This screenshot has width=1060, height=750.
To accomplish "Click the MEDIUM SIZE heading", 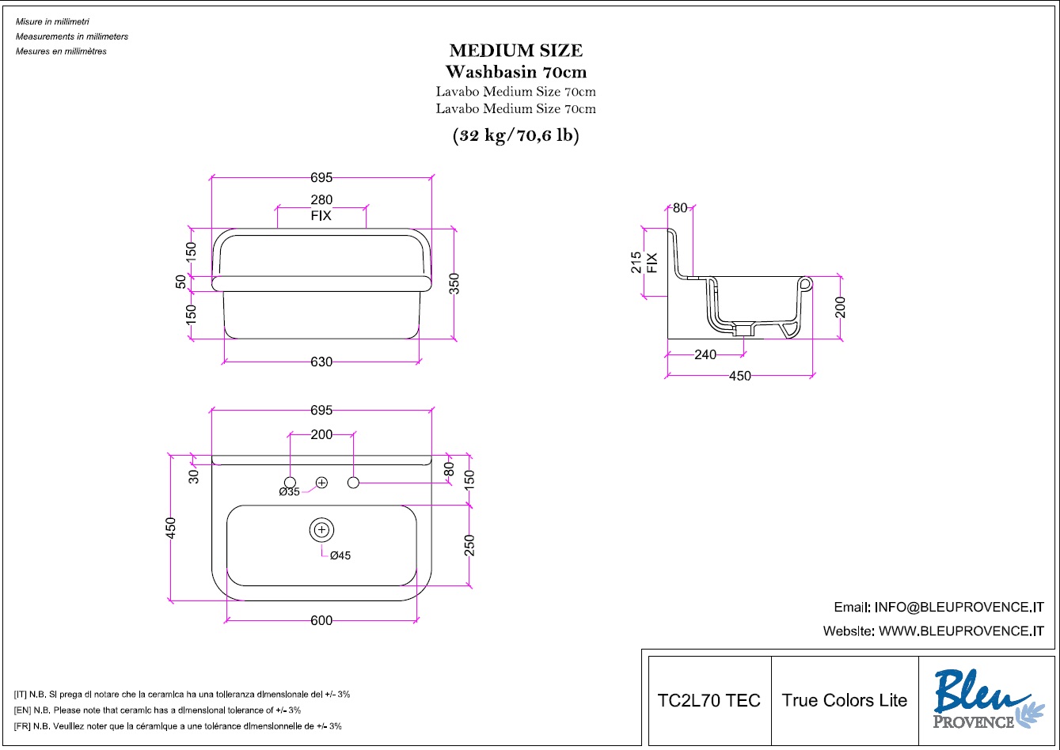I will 515,51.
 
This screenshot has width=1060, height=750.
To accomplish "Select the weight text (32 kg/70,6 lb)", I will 515,136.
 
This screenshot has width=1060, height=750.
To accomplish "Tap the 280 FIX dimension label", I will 321,207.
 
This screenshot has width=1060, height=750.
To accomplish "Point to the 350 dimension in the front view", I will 454,283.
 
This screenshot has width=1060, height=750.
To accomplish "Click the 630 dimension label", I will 321,362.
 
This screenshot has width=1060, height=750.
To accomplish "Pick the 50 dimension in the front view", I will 181,282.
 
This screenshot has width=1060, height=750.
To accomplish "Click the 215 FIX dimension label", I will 644,262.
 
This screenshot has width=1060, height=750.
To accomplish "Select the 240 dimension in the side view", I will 705,355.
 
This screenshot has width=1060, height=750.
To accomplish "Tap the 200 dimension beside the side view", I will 841,307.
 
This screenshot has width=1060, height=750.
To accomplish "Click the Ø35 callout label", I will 290,492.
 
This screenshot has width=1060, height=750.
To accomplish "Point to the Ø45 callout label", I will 340,555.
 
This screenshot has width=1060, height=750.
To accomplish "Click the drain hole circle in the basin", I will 321,530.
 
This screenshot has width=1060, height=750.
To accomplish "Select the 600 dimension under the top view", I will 321,621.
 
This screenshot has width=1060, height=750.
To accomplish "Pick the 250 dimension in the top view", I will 469,547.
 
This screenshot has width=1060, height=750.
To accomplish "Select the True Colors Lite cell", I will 845,701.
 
